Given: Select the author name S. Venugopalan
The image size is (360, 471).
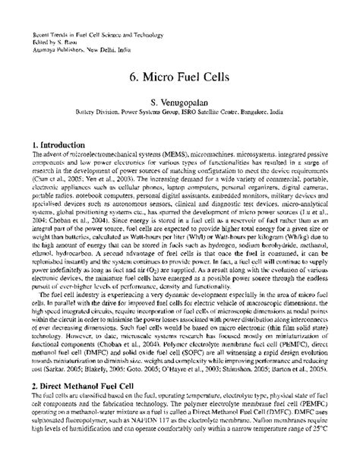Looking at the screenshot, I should [x=180, y=103].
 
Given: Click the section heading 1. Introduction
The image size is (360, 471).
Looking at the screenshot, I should [x=59, y=144].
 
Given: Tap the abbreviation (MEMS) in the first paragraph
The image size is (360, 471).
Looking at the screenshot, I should [x=133, y=155].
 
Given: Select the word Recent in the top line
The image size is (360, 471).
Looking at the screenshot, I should [x=38, y=36].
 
